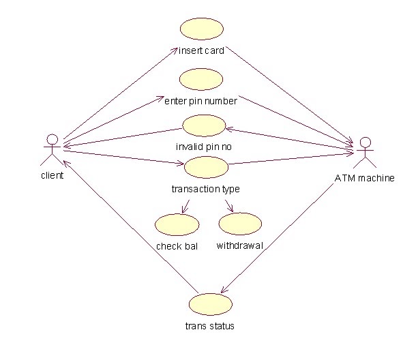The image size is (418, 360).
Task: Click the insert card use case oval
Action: (x=202, y=29)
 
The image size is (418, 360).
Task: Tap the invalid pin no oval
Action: (x=204, y=125)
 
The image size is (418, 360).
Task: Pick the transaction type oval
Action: (x=205, y=166)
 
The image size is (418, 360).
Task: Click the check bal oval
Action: (x=177, y=224)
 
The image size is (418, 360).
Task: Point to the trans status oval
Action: (x=210, y=304)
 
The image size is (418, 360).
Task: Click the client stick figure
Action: (x=51, y=151)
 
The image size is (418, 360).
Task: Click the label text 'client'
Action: (x=52, y=175)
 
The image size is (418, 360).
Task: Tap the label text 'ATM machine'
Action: (x=365, y=179)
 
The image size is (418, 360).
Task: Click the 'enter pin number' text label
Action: (x=201, y=102)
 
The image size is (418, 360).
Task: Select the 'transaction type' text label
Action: (x=205, y=188)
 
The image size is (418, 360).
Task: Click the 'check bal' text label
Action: (x=177, y=246)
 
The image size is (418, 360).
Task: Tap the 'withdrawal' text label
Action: (x=239, y=245)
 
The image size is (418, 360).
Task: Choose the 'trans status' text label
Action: (x=210, y=326)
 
